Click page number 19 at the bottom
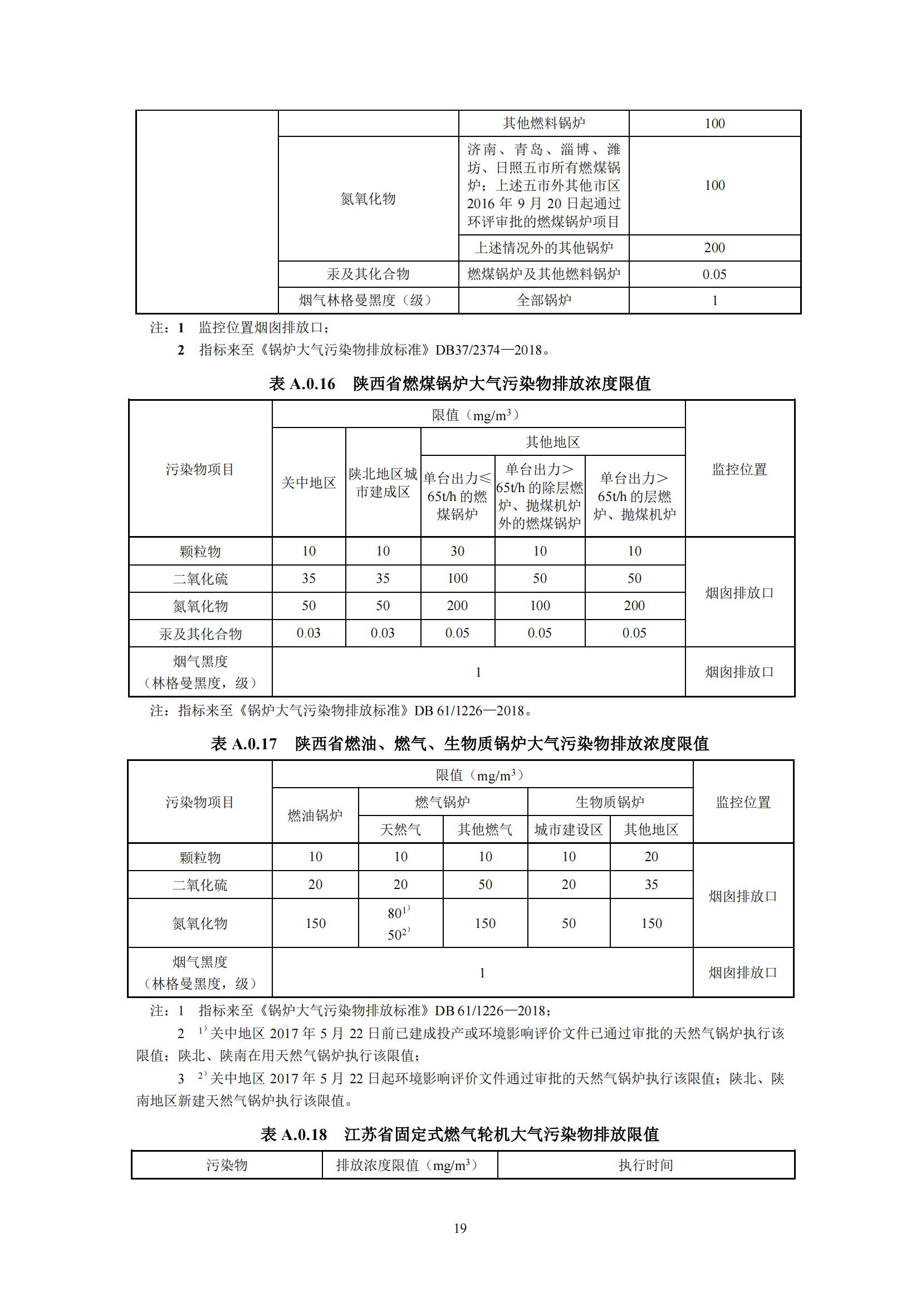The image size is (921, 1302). point(460,1229)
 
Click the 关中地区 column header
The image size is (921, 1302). point(308,483)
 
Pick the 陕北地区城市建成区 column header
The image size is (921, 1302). point(383,483)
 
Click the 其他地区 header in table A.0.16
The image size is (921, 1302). point(552,442)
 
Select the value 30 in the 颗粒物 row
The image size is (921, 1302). point(457,551)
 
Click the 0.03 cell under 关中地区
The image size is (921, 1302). point(308,633)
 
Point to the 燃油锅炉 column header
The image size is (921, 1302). point(315,815)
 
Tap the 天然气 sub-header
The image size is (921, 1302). point(400,829)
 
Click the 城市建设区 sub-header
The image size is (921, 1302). point(569,829)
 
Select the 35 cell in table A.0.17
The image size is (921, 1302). point(651,885)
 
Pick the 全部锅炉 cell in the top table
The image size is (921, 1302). point(543,300)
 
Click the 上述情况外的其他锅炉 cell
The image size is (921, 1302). point(543,248)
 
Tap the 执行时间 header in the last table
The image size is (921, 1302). point(645,1165)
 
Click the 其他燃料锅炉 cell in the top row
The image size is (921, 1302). point(543,123)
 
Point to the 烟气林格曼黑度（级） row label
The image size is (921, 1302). point(368,300)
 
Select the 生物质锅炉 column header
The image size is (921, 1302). point(610,802)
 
